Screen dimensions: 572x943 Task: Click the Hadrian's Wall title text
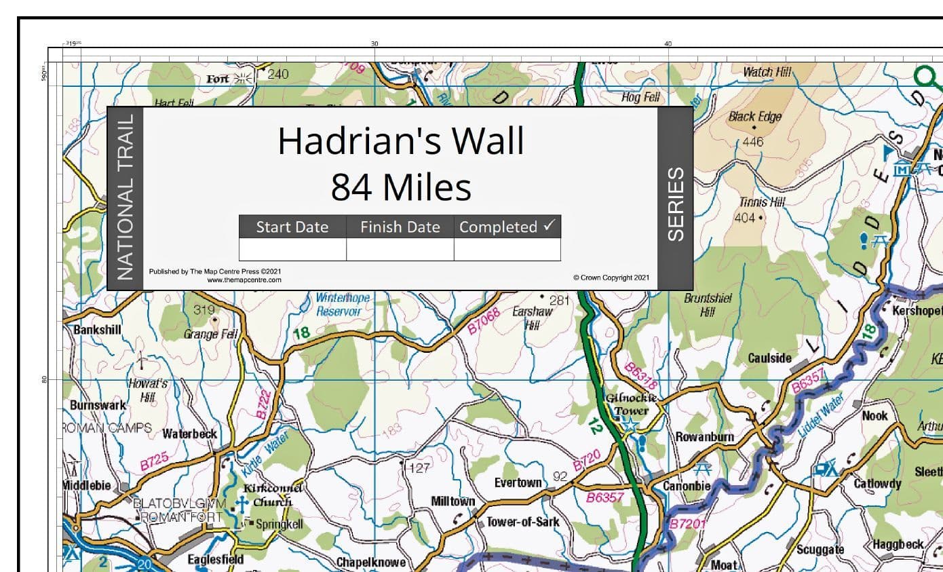pyautogui.click(x=400, y=142)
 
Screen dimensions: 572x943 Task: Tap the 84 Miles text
pyautogui.click(x=400, y=187)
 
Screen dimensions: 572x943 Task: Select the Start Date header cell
pyautogui.click(x=292, y=227)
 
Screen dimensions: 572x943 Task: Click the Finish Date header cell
pyautogui.click(x=400, y=227)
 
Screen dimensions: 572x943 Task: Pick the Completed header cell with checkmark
pyautogui.click(x=507, y=227)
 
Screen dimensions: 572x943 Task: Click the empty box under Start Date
pyautogui.click(x=292, y=250)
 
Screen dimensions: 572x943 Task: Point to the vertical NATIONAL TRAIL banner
pyautogui.click(x=126, y=197)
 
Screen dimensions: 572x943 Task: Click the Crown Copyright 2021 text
pyautogui.click(x=611, y=278)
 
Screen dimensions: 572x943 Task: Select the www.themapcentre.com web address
pyautogui.click(x=244, y=280)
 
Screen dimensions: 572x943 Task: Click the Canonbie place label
pyautogui.click(x=687, y=486)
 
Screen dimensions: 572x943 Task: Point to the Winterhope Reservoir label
pyautogui.click(x=343, y=304)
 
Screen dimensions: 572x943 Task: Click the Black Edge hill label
pyautogui.click(x=754, y=117)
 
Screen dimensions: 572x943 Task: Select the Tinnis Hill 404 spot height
pyautogui.click(x=746, y=218)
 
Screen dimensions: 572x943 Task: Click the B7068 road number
pyautogui.click(x=484, y=321)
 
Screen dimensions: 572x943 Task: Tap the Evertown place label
pyautogui.click(x=518, y=482)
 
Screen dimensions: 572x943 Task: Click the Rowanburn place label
pyautogui.click(x=704, y=437)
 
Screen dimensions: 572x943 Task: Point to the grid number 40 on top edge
pyautogui.click(x=668, y=44)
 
